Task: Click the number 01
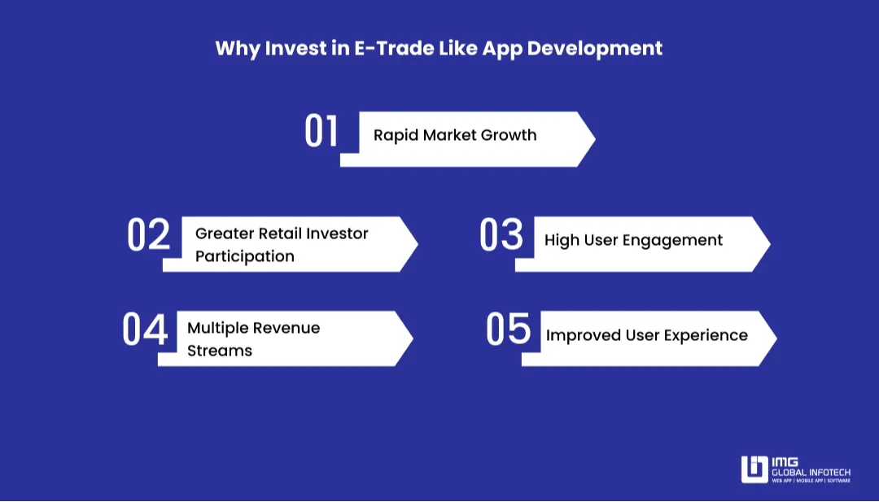(321, 132)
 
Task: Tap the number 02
(148, 235)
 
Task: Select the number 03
(501, 235)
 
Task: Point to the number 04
(145, 330)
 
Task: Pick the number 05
(508, 330)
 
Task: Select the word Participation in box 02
(244, 256)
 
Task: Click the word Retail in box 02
(279, 234)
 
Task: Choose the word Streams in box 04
(220, 351)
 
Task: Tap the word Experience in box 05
(706, 335)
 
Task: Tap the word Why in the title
(234, 48)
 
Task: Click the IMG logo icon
(754, 469)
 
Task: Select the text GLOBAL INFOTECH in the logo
(811, 472)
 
